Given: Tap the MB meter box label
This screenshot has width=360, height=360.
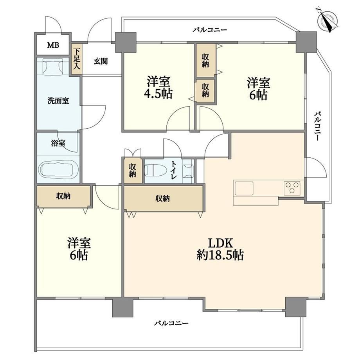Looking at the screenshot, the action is (x=53, y=45).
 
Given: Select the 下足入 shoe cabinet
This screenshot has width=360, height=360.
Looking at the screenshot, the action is (x=77, y=59).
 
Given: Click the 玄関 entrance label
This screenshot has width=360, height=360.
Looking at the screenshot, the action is (x=101, y=61).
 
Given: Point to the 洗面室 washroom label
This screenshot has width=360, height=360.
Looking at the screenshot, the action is (x=58, y=101).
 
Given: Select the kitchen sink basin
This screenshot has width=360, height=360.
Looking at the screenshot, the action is (x=244, y=189).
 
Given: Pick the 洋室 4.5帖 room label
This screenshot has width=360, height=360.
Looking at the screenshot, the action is (x=158, y=88).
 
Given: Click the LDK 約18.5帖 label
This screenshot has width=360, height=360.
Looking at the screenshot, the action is (x=220, y=249).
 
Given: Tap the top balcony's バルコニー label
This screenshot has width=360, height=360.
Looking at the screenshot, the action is (x=210, y=30).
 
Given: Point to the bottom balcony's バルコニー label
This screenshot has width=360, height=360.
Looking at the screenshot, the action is (x=171, y=324).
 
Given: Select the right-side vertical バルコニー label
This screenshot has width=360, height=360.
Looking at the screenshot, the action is (x=317, y=126).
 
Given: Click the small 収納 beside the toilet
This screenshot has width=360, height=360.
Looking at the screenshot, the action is (x=133, y=170).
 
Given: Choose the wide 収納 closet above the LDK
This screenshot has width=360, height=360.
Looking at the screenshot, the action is (x=163, y=198).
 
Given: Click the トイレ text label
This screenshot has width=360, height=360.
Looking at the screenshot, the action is (x=174, y=170).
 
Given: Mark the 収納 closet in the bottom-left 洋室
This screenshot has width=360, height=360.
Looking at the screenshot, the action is (x=64, y=196).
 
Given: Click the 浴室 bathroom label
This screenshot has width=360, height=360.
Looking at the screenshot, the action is (x=58, y=143).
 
